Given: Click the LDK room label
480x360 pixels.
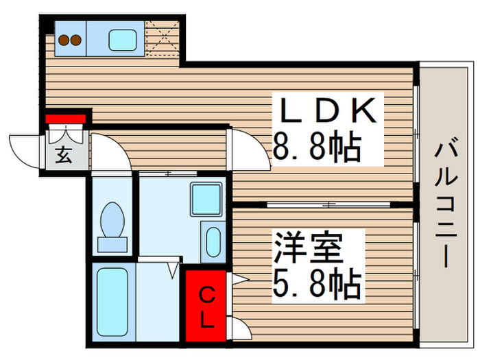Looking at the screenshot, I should click(326, 110).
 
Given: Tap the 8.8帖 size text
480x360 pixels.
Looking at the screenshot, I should click(317, 146).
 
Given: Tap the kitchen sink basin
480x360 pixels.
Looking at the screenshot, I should click(122, 40).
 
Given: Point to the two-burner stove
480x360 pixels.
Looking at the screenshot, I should click(69, 40).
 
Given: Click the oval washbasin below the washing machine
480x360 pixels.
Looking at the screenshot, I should click(213, 241).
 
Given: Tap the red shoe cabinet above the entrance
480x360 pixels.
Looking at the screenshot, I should click(66, 119).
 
